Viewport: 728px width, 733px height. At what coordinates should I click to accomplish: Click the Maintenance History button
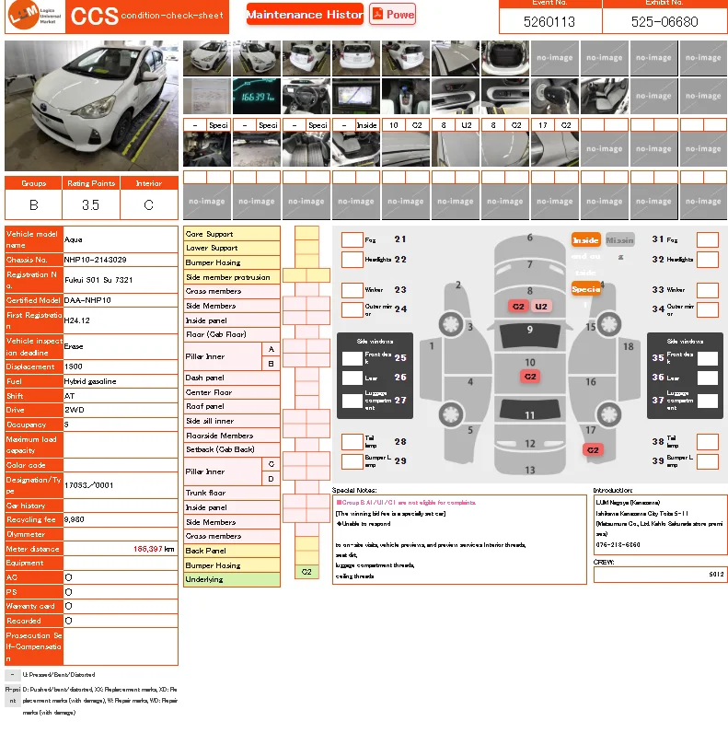click(x=305, y=15)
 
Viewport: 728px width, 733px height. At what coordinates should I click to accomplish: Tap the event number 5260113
click(x=549, y=22)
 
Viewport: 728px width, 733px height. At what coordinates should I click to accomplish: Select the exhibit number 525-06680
click(x=664, y=22)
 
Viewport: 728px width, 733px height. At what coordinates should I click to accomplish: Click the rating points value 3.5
click(x=90, y=205)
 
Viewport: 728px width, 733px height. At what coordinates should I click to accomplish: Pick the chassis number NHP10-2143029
click(x=96, y=260)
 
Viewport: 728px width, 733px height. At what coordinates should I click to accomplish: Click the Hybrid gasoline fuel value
click(x=90, y=381)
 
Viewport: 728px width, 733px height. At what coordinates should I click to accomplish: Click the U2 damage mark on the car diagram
click(x=541, y=306)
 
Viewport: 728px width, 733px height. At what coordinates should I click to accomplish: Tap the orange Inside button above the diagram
click(x=585, y=240)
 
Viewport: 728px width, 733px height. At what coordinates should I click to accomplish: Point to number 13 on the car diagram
click(x=529, y=470)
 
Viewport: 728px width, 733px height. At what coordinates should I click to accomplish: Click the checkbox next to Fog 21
click(x=352, y=239)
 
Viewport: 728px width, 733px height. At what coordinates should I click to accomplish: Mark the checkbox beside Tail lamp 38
click(x=707, y=442)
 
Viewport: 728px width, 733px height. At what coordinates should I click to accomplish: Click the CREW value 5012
click(x=716, y=575)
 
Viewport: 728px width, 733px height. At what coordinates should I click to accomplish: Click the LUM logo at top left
click(x=33, y=17)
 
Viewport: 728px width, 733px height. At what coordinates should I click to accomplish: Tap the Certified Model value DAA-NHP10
click(x=87, y=300)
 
